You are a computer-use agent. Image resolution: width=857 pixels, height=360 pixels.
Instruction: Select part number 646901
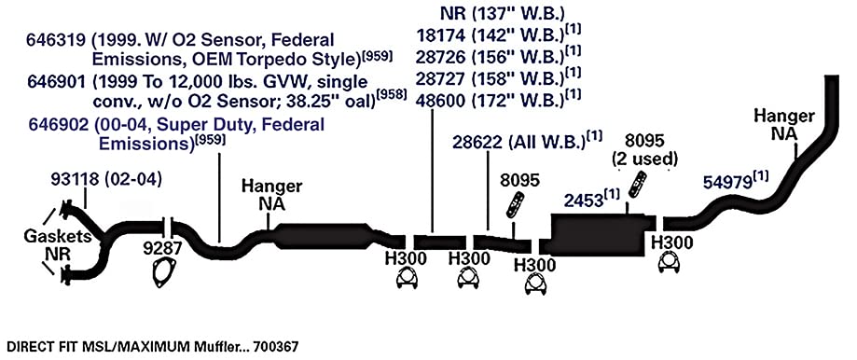click(57, 82)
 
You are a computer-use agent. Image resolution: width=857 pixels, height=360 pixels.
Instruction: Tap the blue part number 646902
click(57, 125)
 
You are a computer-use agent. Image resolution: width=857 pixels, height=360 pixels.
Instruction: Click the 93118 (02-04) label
click(106, 180)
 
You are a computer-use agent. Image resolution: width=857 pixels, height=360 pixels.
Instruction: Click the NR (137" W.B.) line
click(502, 13)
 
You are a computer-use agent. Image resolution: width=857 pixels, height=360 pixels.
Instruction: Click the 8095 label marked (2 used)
click(644, 149)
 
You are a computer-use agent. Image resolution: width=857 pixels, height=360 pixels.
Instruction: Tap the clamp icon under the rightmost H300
click(670, 264)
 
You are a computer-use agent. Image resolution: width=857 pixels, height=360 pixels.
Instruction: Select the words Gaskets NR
click(48, 244)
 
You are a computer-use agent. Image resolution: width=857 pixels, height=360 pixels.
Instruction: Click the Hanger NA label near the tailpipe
click(784, 124)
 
